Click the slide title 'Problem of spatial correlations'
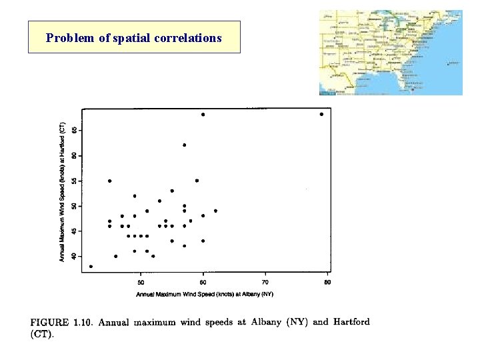click(x=133, y=38)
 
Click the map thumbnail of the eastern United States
click(x=390, y=52)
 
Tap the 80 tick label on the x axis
click(x=327, y=283)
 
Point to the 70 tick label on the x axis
click(x=265, y=283)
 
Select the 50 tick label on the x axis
click(x=141, y=283)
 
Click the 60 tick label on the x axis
click(x=203, y=283)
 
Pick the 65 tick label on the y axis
click(x=74, y=130)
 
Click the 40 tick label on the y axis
click(x=74, y=257)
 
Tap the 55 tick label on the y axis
click(x=74, y=181)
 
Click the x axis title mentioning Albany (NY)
click(x=205, y=294)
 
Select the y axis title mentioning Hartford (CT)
click(x=63, y=192)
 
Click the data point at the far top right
click(x=321, y=114)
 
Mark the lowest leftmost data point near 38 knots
click(x=91, y=267)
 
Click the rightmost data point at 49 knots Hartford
click(x=215, y=211)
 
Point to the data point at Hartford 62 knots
click(x=185, y=145)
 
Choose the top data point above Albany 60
click(x=203, y=114)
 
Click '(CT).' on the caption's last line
click(x=42, y=335)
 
